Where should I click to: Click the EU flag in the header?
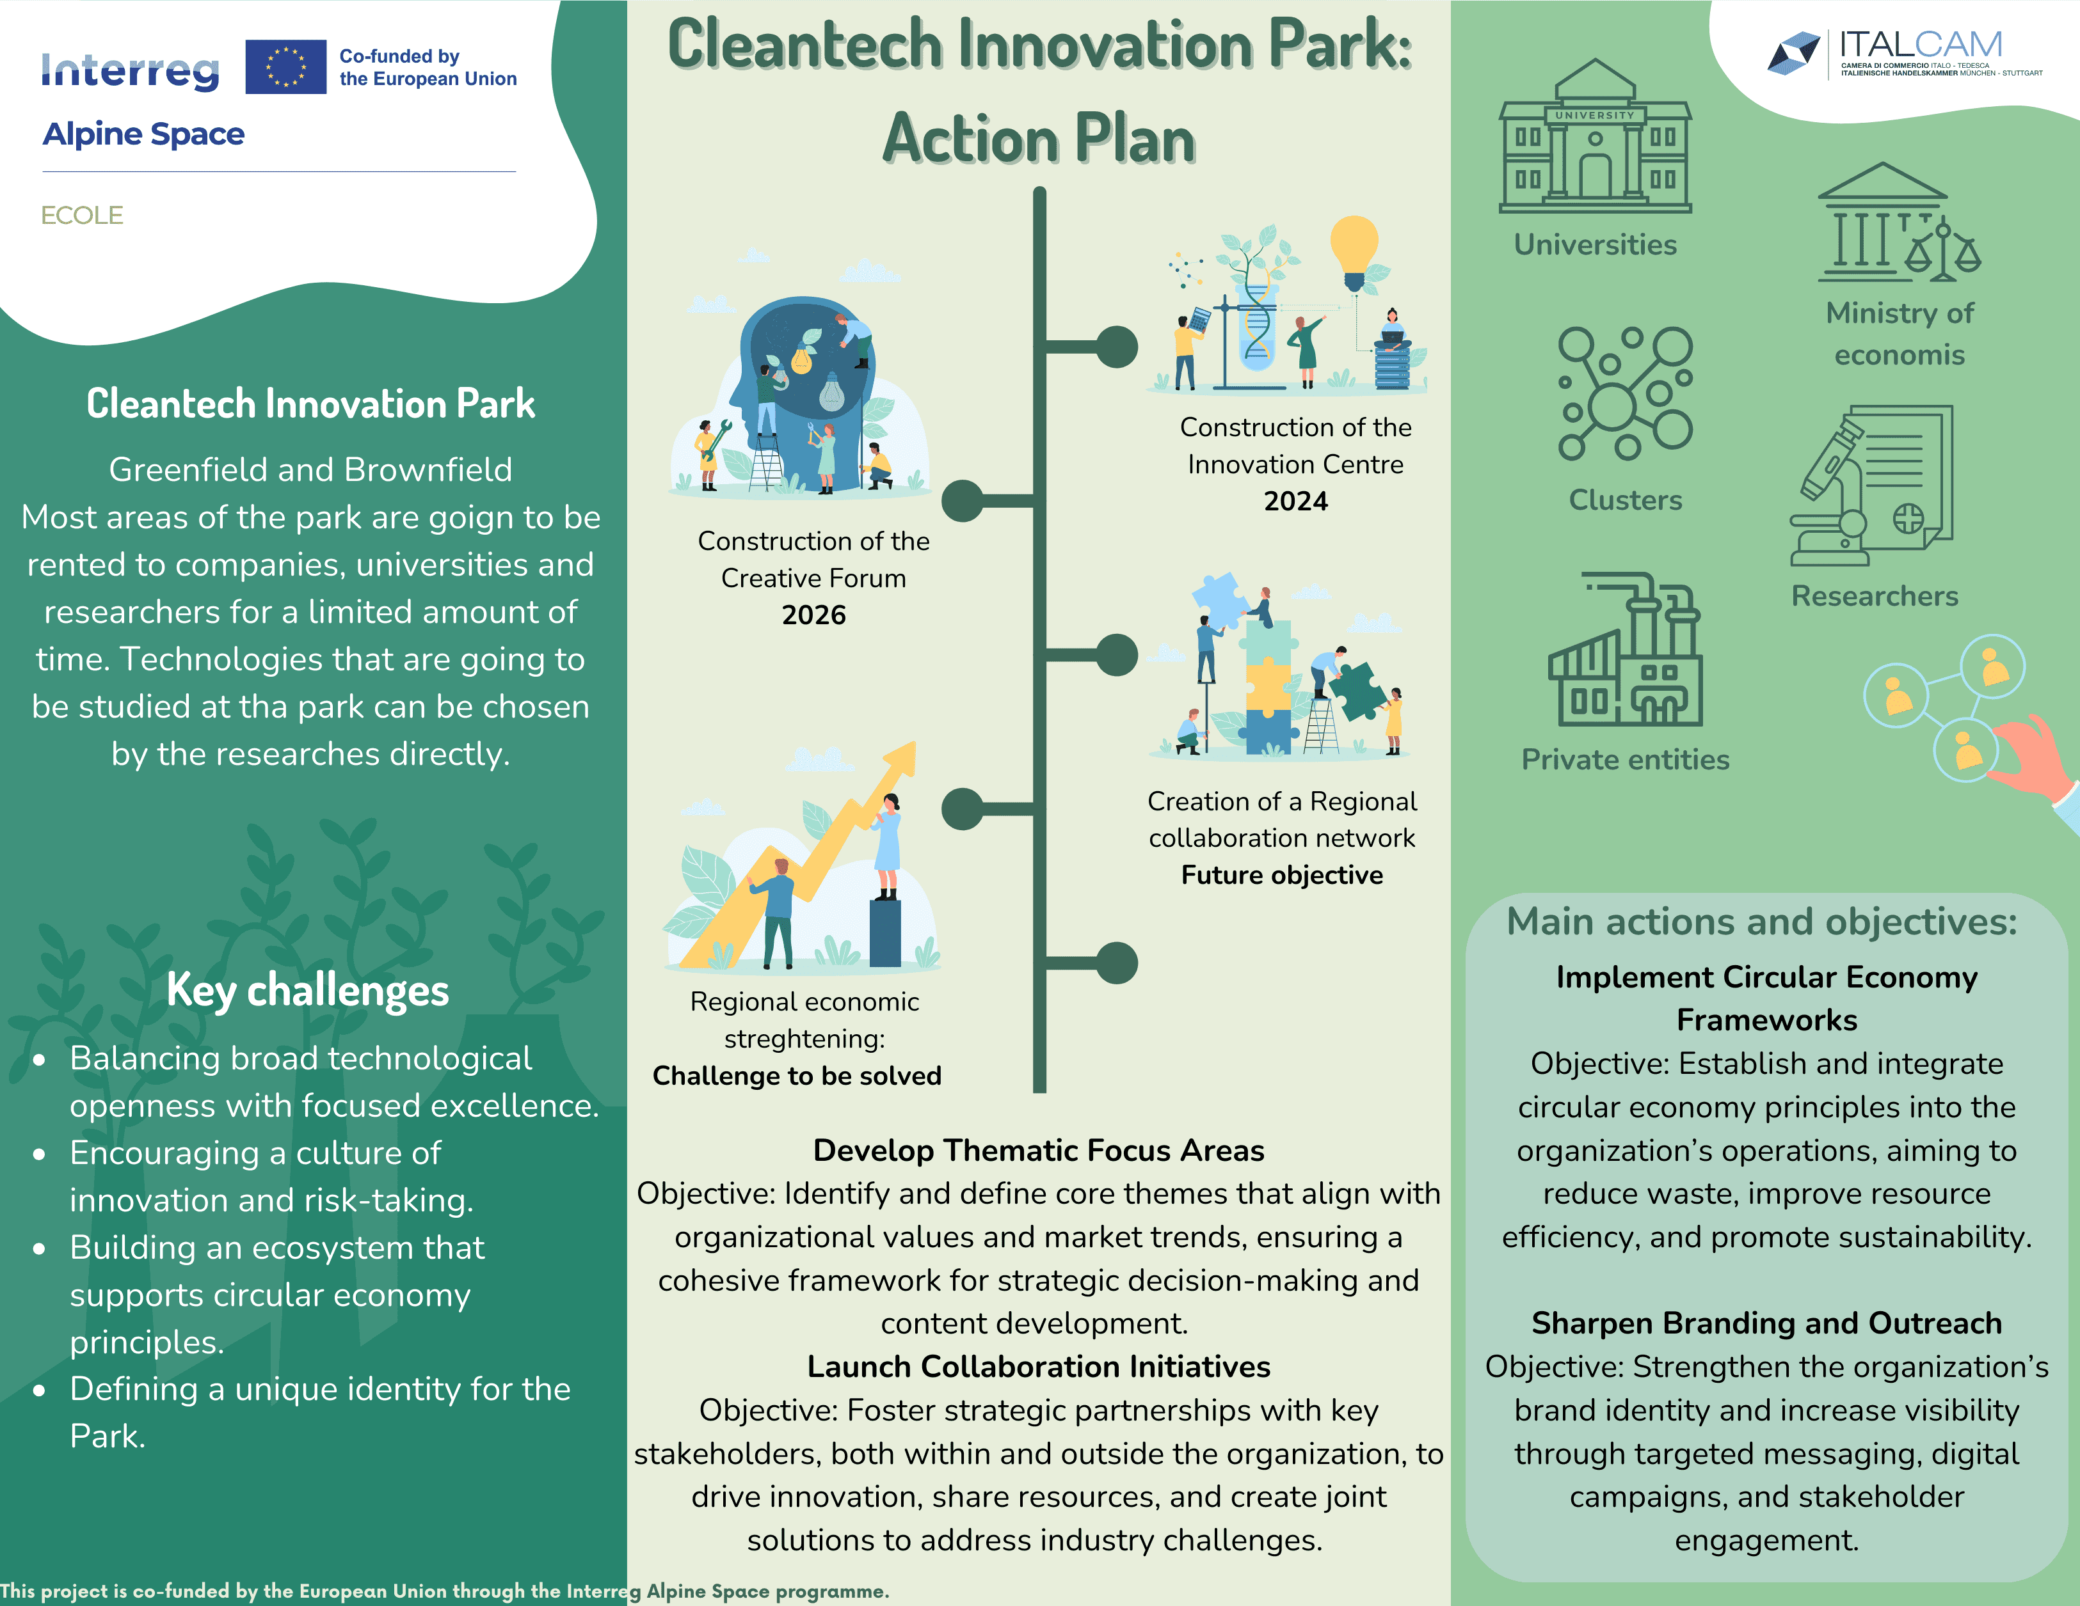click(285, 67)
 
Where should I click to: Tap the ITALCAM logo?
click(1904, 52)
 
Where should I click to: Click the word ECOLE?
click(82, 215)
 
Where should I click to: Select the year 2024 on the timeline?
click(1295, 501)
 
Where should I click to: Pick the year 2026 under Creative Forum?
click(813, 615)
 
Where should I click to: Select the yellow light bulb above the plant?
click(1354, 250)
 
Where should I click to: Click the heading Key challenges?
click(308, 990)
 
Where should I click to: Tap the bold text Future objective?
click(1282, 875)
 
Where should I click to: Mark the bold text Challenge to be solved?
click(797, 1076)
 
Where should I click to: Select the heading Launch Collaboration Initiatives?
click(1038, 1366)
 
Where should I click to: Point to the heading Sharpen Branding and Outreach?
click(1766, 1323)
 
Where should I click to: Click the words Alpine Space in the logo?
click(144, 134)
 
